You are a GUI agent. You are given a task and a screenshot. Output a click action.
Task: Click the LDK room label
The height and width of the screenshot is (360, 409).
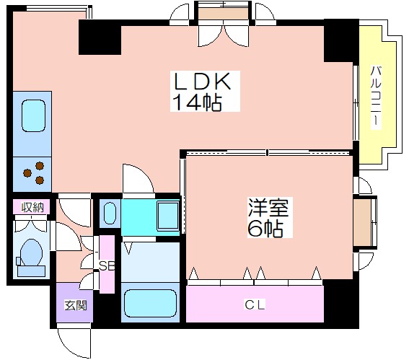(203, 81)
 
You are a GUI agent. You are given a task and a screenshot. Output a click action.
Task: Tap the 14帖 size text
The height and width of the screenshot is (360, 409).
(198, 102)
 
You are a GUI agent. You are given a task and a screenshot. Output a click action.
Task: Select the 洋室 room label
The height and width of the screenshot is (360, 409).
(268, 207)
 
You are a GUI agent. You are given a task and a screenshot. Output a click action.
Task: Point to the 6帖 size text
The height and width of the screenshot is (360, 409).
(265, 228)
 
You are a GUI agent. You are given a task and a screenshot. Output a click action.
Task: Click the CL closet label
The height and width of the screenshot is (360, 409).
(255, 304)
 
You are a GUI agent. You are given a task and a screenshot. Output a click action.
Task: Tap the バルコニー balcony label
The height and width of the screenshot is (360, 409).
(376, 97)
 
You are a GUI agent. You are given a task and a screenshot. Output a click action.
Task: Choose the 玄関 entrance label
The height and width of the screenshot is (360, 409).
(76, 305)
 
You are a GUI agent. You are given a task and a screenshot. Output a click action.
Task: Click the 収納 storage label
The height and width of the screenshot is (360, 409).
(32, 207)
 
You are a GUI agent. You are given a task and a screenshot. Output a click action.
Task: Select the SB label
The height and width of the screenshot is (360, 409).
(107, 266)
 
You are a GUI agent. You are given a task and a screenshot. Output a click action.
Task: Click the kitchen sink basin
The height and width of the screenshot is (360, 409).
(33, 116)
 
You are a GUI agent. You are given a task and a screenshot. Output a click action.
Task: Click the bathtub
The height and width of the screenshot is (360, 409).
(151, 303)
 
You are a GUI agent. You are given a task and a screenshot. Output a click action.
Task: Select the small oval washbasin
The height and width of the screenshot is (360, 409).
(110, 213)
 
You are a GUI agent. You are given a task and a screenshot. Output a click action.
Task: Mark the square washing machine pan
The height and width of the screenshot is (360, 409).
(168, 216)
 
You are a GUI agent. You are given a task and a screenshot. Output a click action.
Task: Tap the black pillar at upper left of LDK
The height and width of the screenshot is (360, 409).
(100, 37)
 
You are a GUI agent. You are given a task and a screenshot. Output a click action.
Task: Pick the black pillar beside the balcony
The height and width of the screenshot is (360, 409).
(341, 40)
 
